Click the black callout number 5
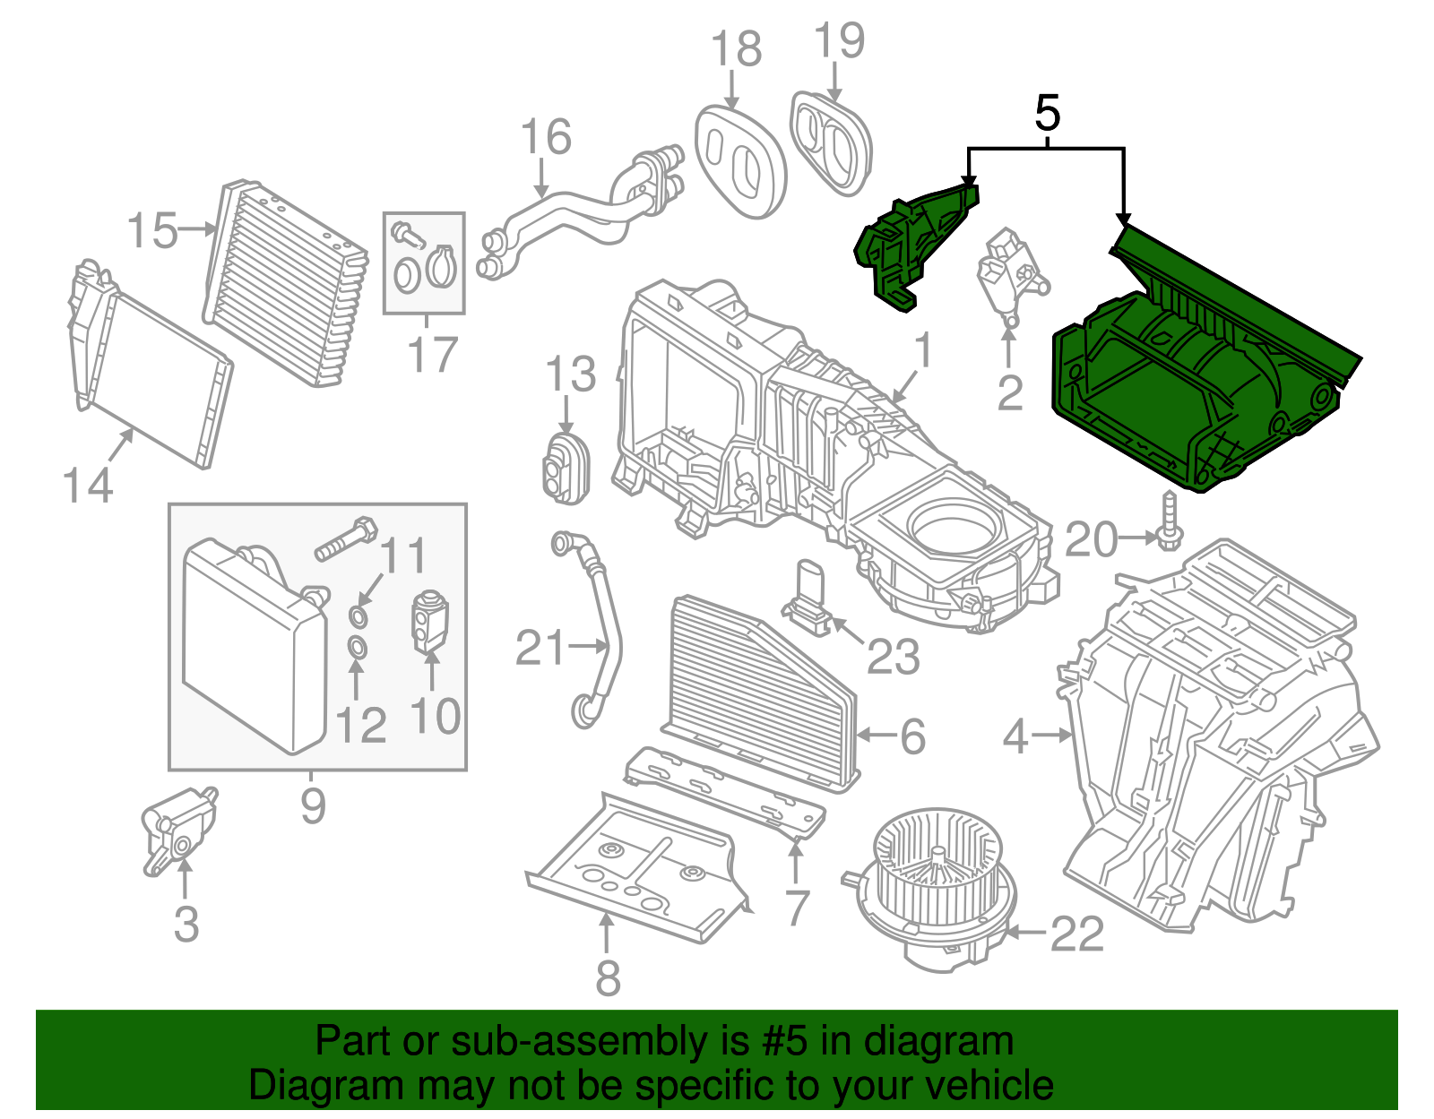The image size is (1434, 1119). point(1047,114)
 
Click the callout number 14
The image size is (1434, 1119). point(87,486)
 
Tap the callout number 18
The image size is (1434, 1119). point(736,49)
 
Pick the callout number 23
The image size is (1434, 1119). point(893,658)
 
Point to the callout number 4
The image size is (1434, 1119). point(1015,736)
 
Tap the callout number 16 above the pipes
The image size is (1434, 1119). point(545,138)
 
